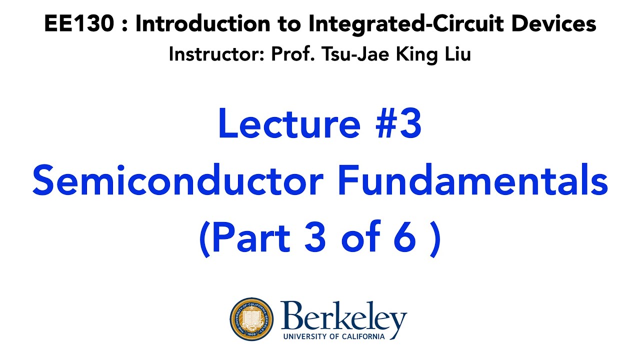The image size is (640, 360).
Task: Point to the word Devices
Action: (555, 23)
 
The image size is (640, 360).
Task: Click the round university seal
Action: (252, 319)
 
